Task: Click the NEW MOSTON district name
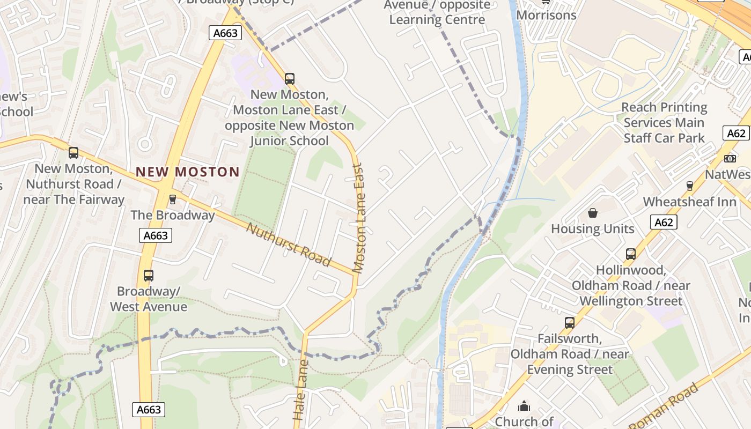point(187,172)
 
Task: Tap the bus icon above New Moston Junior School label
point(290,79)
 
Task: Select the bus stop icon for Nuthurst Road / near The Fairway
point(73,153)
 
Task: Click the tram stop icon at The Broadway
point(172,199)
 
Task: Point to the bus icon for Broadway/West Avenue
point(149,276)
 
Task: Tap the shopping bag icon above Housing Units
point(593,213)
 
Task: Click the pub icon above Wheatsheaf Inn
point(690,186)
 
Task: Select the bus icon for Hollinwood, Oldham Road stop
point(631,254)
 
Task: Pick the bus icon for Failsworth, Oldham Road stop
point(570,323)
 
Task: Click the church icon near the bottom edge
point(524,406)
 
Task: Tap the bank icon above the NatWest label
point(730,159)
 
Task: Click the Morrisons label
point(546,15)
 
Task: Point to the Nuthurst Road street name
point(288,245)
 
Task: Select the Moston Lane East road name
point(359,218)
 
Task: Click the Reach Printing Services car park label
point(664,122)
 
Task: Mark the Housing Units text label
point(593,229)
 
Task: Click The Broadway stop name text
point(173,216)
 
